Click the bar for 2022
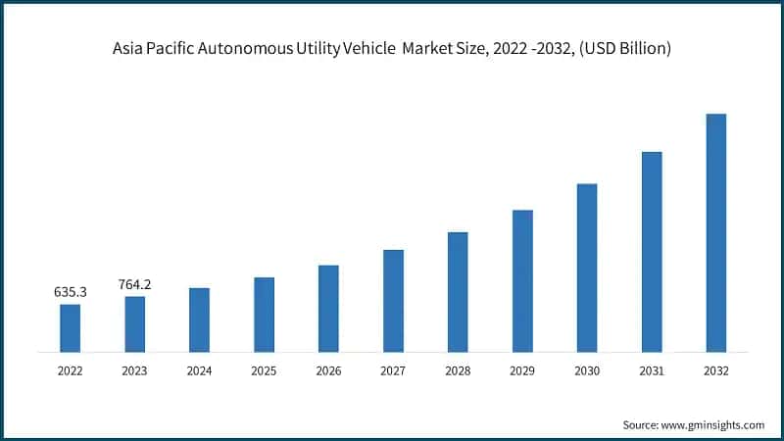70,327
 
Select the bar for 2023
134,323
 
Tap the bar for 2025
264,314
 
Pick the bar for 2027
393,300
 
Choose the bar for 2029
522,280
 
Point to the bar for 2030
587,268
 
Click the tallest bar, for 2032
716,232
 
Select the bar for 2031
652,251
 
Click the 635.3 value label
70,292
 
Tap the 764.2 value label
134,284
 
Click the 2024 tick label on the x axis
199,371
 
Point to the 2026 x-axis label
328,371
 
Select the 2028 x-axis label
458,371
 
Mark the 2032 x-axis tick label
716,371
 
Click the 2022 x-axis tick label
70,371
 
